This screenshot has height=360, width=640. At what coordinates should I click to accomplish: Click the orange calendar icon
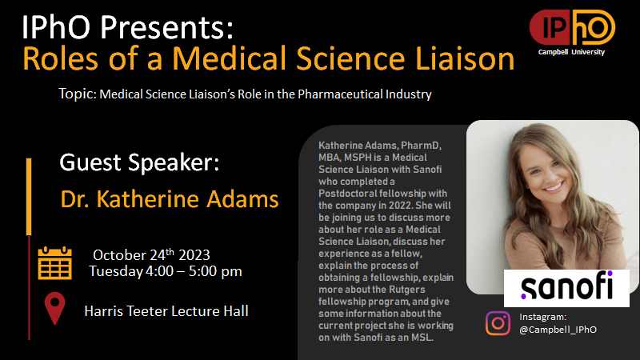pos(54,263)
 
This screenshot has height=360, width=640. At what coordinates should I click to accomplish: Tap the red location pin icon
pos(54,308)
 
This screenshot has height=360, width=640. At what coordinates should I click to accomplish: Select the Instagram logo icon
pos(498,323)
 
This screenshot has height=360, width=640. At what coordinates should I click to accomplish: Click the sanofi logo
pos(566,288)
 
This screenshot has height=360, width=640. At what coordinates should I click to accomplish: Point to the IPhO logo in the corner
pos(572,27)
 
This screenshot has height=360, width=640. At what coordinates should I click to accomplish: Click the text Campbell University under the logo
pos(571,52)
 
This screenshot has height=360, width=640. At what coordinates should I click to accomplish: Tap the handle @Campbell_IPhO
pos(558,330)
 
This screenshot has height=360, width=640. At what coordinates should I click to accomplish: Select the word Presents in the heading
pos(166,26)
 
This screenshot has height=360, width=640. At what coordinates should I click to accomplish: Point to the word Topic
pos(77,94)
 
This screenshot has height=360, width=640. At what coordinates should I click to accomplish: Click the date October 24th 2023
pos(151,254)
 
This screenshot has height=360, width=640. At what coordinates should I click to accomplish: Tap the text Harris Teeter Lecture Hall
pos(166,311)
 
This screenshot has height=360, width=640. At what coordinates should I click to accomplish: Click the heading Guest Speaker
pos(139,162)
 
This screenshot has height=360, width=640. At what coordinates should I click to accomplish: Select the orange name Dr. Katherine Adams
pos(170,199)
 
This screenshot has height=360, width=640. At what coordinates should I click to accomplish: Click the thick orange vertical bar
pos(29,197)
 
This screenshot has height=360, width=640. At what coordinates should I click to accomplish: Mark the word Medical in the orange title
pos(230,58)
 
